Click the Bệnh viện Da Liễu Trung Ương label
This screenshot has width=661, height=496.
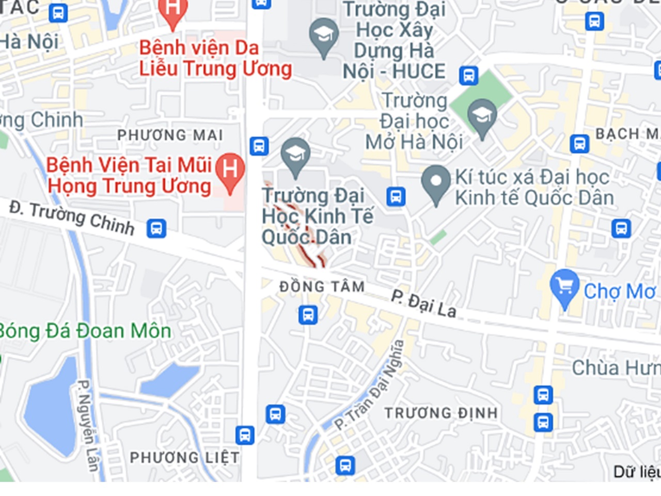pos(215,58)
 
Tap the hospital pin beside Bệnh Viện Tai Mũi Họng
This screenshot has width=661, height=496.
pos(230,169)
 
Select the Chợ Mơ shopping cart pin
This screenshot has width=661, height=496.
pos(564,286)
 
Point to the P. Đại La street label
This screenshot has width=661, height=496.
pos(423,303)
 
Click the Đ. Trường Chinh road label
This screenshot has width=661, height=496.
pos(72,218)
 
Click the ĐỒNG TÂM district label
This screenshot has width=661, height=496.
pos(322,286)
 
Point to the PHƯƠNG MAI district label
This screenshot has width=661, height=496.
pos(170,135)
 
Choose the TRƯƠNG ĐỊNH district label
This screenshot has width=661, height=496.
pos(441,413)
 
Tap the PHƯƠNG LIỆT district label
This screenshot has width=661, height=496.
pos(184,457)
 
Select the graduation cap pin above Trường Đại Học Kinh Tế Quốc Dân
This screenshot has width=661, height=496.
pos(295,154)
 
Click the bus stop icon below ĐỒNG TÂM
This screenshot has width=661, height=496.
pos(308,315)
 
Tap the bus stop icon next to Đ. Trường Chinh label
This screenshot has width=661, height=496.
pos(156,228)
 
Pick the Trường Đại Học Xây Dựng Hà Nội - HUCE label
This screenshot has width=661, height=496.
pos(394,40)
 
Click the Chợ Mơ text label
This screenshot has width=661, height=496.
pos(619,291)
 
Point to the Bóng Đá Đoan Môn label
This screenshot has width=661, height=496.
pos(85,331)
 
